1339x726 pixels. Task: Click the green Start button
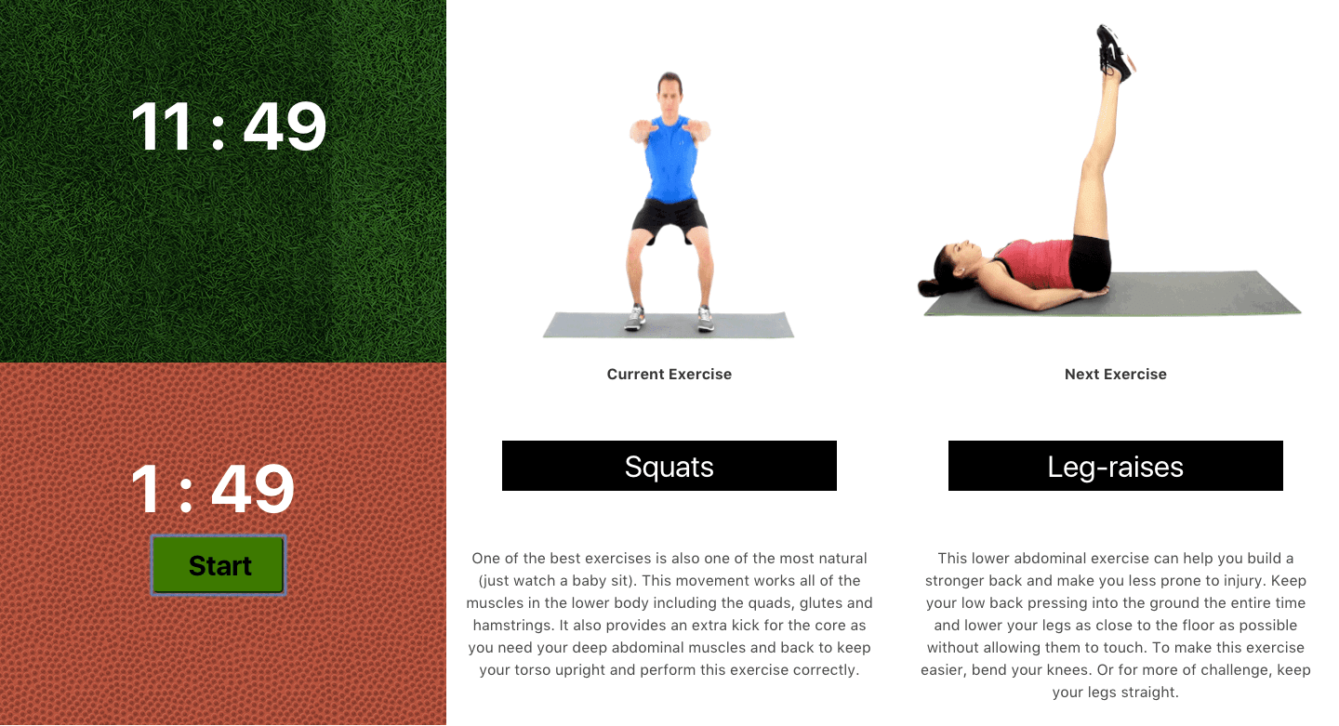219,565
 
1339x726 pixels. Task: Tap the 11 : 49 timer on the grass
229,126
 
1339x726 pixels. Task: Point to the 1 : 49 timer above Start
213,489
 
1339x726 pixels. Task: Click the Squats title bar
669,466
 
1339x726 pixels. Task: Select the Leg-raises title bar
1116,466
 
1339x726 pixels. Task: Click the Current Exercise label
669,374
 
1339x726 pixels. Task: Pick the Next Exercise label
1116,374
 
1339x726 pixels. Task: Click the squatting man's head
670,94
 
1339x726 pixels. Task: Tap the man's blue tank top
671,158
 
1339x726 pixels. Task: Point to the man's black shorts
670,219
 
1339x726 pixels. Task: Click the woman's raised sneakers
1114,53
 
